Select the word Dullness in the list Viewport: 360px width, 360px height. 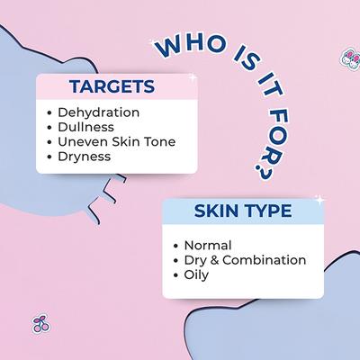[85, 127]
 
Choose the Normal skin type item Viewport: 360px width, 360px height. [207, 245]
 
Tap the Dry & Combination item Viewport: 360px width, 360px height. [244, 259]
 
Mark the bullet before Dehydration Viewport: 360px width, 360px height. [49, 113]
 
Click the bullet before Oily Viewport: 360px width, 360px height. [175, 274]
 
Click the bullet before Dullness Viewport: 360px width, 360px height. [49, 128]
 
